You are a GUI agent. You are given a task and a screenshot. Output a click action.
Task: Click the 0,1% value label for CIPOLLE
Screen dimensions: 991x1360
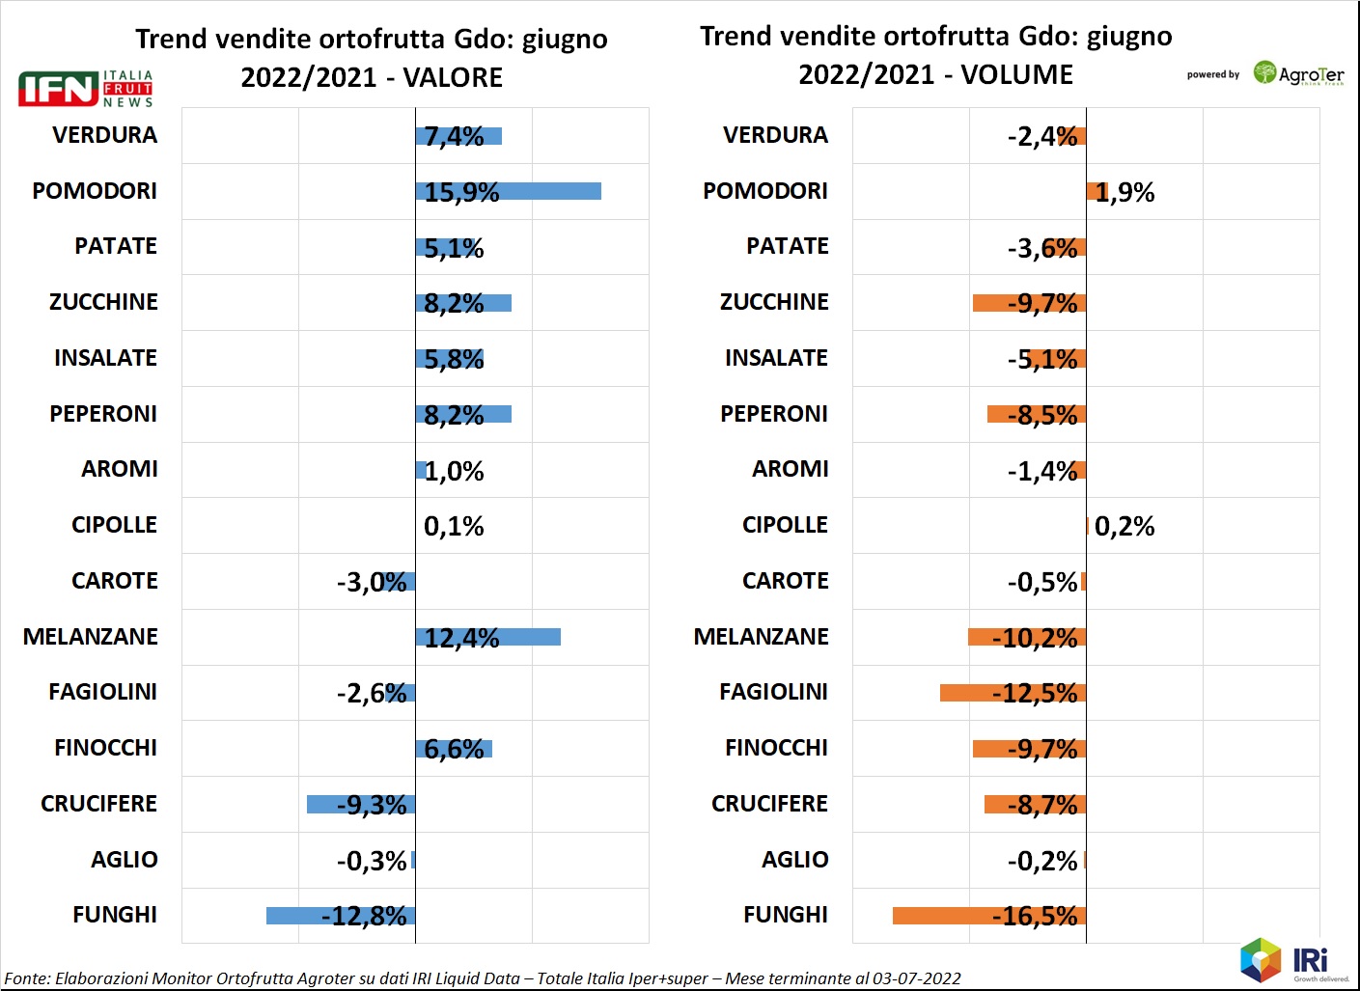454,527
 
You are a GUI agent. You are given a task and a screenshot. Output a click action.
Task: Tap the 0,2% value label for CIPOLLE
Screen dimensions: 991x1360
1124,527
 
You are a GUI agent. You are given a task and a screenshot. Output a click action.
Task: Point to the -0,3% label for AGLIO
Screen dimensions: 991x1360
372,861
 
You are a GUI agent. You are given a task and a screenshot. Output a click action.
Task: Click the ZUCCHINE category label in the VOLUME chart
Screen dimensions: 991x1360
774,302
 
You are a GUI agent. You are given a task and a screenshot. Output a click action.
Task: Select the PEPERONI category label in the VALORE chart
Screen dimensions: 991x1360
103,414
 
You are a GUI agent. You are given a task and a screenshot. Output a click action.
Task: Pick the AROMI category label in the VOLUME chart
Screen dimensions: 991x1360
790,469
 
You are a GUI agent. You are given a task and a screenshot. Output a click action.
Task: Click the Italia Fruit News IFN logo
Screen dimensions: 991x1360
86,89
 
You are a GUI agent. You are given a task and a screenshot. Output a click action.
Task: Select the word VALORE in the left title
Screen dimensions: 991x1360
453,77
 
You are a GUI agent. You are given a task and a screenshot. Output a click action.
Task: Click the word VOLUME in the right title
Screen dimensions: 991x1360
1016,74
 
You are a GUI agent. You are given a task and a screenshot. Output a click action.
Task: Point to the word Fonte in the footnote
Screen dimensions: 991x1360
26,978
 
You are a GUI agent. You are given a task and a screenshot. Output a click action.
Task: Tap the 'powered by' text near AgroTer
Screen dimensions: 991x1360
1212,74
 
